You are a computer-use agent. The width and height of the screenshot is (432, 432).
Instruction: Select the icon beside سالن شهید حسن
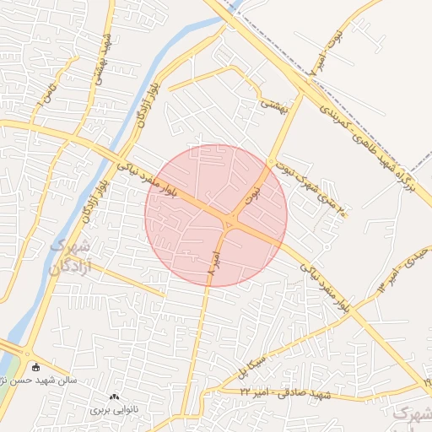coord(36,368)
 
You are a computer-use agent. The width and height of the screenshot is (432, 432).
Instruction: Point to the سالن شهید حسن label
coord(71,380)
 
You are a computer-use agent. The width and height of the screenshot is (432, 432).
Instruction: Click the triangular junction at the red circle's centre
coord(229,223)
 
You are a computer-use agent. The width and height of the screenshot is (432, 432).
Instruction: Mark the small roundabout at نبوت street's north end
coord(270,161)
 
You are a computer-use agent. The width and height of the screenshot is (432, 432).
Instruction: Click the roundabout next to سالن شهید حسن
coord(28,354)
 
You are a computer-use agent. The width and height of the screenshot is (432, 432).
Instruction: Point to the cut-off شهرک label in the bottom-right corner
coord(413,413)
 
